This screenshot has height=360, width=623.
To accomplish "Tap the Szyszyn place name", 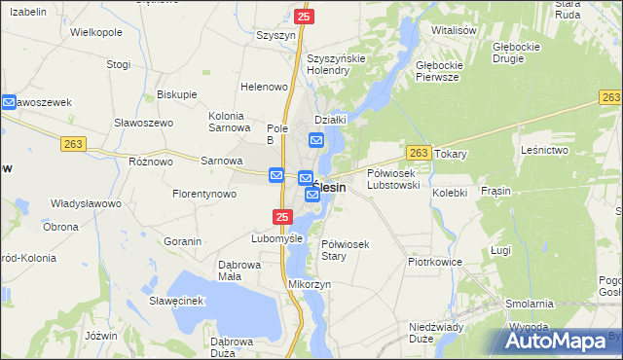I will [x=275, y=35].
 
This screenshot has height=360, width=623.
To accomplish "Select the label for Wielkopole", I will [x=96, y=32].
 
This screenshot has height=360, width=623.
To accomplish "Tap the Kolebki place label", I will [x=450, y=193].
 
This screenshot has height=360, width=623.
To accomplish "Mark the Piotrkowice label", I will [x=434, y=263].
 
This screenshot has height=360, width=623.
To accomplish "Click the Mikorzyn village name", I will [x=311, y=284].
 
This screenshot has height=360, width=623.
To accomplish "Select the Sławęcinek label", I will [x=175, y=301].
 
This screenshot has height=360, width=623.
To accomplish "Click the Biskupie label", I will [x=176, y=94].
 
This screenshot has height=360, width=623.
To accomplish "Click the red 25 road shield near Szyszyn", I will [x=304, y=17].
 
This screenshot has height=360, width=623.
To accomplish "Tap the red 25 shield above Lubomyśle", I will [x=281, y=216].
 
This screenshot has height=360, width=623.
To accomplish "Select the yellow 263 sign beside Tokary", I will [x=419, y=153].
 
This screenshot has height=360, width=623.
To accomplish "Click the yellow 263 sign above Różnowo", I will [x=74, y=143].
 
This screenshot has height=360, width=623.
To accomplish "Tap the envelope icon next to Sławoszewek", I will [x=8, y=101].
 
